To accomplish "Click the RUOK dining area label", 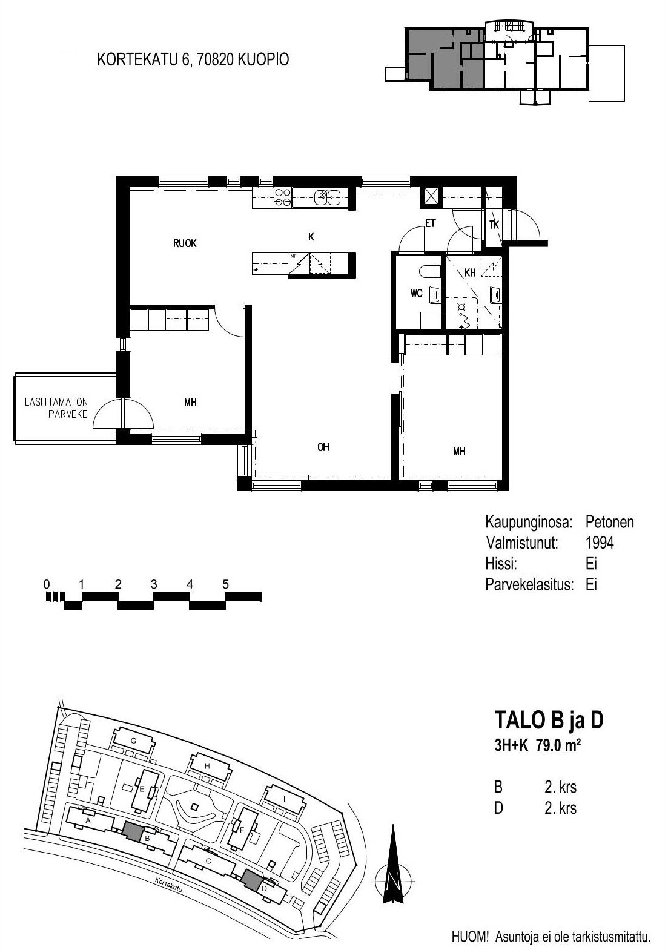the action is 185,243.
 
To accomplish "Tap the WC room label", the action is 416,293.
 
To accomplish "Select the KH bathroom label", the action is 469,272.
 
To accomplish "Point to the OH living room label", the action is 323,447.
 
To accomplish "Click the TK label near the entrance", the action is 494,225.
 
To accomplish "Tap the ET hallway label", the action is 430,223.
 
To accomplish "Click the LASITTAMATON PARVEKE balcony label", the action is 56,407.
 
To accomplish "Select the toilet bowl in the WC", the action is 429,271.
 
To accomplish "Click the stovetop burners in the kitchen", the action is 283,198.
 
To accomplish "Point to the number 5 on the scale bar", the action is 226,584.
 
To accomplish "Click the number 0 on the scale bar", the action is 47,584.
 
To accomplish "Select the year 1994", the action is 600,543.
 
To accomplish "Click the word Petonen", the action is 609,522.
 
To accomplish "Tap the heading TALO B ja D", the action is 549,720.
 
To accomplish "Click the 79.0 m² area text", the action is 558,745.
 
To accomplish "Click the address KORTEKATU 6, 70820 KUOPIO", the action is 193,59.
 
